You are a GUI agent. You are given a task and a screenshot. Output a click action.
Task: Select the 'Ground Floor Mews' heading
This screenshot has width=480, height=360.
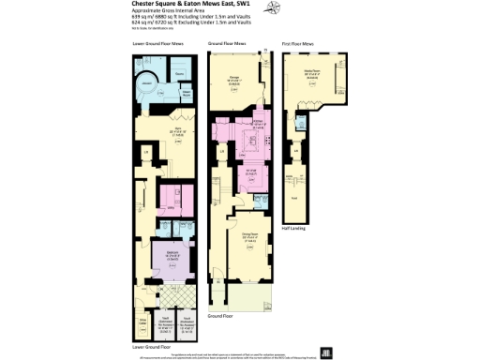click(228, 43)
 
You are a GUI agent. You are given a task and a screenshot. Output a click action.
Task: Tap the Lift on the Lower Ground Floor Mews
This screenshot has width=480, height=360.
click(146, 153)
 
